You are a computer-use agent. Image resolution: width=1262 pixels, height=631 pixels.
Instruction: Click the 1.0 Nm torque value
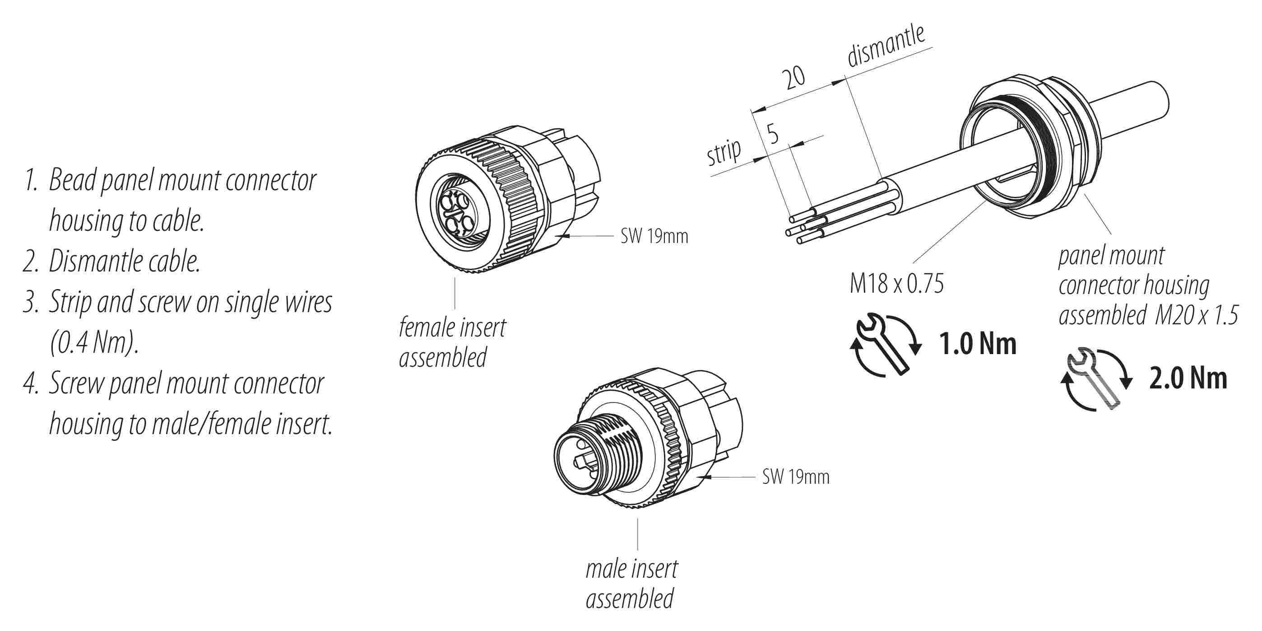coord(977,344)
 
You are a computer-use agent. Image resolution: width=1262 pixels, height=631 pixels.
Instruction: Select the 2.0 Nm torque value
coord(1188,379)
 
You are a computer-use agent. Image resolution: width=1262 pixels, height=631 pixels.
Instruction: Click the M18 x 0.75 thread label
coord(896,284)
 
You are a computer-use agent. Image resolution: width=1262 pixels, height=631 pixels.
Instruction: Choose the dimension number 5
coord(772,133)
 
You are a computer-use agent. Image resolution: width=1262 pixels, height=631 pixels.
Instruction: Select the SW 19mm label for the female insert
coord(654,236)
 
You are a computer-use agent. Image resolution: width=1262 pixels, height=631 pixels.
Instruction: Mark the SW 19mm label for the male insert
coord(796,477)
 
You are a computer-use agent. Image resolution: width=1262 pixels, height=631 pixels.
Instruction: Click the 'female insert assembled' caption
coord(452,342)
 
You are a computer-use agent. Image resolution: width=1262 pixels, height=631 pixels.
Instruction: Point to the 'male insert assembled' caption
coord(631,584)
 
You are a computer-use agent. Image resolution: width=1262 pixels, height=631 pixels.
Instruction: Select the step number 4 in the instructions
coord(30,383)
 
